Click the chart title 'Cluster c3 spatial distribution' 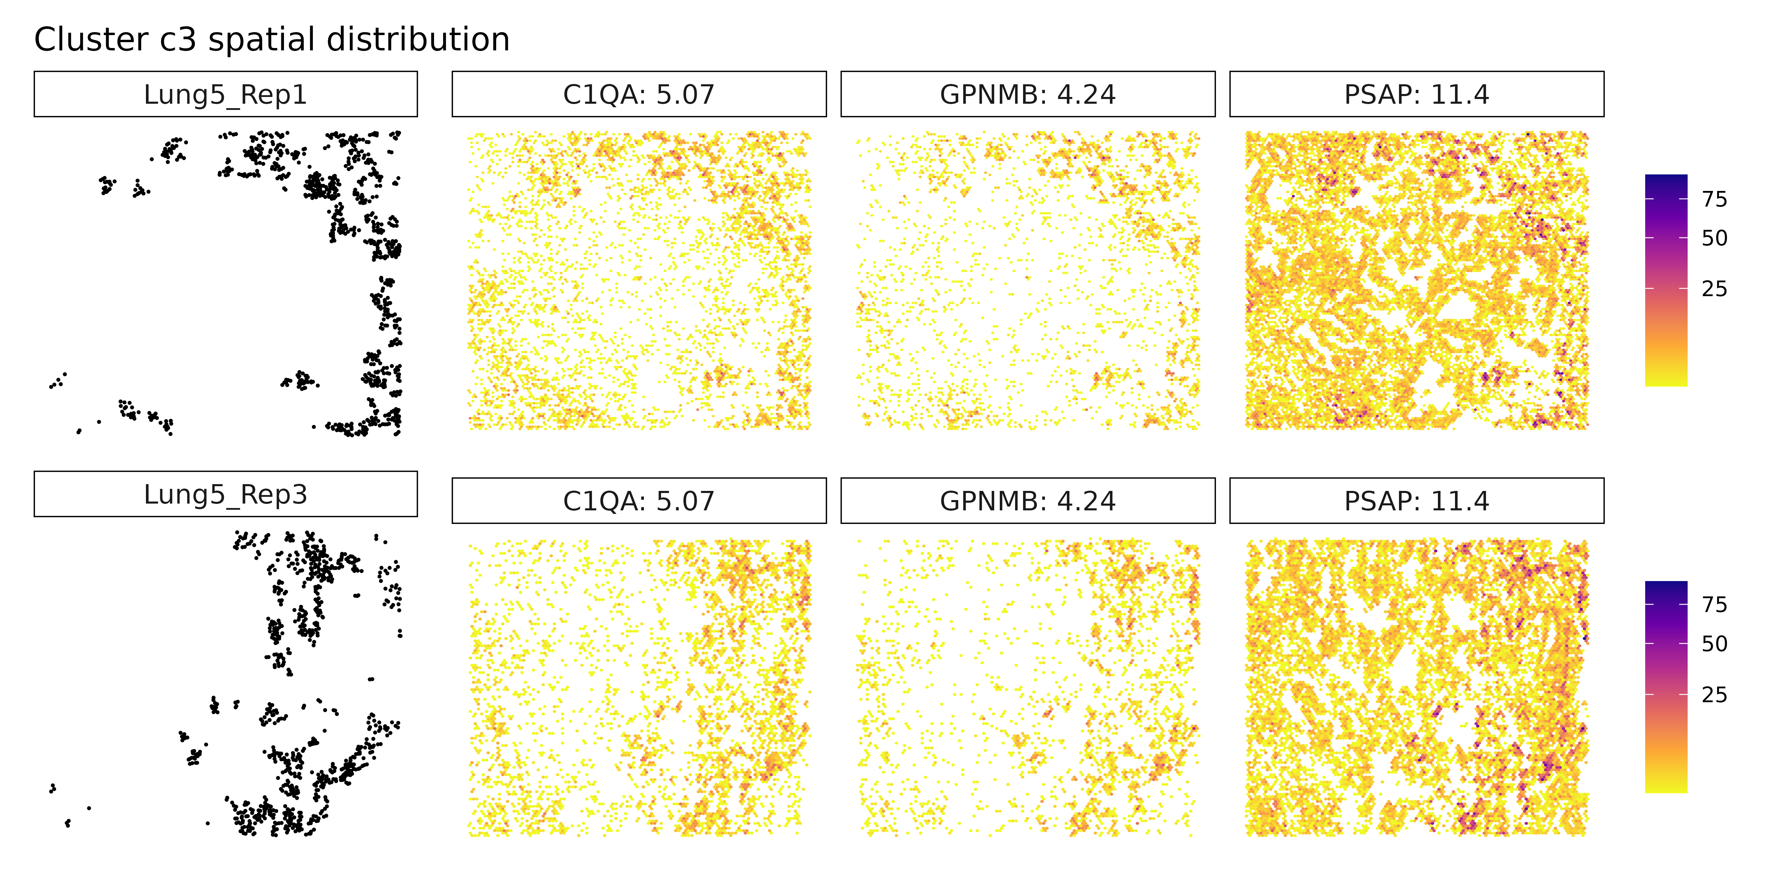point(272,40)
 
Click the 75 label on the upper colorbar point(1714,200)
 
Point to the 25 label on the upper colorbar point(1714,289)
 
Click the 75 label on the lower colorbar point(1714,605)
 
